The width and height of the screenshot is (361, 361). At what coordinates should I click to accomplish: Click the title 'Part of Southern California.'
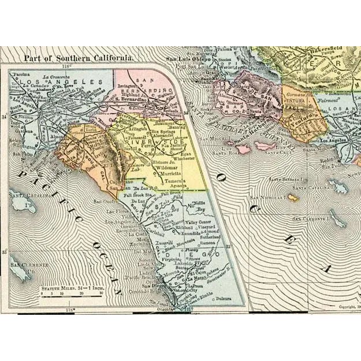pos(79,58)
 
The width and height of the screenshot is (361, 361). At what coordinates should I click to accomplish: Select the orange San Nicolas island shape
pos(294,199)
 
